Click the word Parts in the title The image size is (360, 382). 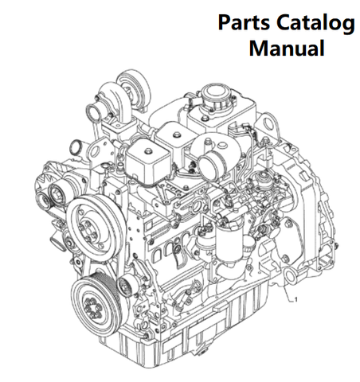tap(244, 22)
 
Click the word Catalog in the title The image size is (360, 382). tap(315, 24)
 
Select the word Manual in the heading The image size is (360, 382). tap(287, 48)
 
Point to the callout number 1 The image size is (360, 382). tap(296, 300)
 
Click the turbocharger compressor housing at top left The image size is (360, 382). tap(133, 85)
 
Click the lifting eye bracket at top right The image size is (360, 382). tap(268, 124)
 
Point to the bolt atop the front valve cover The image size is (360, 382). tap(147, 151)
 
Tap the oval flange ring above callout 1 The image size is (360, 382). tap(289, 277)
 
